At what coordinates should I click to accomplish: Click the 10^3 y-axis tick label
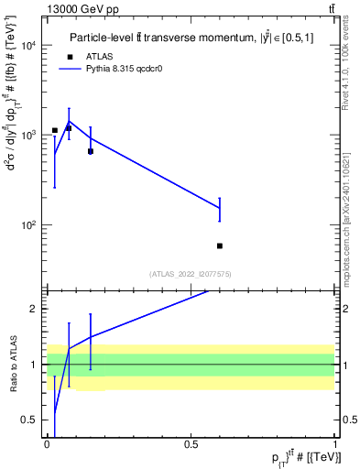27,135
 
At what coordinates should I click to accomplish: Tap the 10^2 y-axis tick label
27,224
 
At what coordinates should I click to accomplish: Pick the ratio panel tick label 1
36,365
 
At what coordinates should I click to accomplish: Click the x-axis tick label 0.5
191,445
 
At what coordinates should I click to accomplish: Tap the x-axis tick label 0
47,445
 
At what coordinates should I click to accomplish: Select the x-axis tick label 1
335,445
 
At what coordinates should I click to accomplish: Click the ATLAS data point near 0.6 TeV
220,245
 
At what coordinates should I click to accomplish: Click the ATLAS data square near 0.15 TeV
90,151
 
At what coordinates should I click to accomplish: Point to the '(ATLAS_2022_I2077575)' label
191,273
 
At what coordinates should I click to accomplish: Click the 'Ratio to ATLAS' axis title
12,364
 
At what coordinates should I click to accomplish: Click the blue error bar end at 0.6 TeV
220,198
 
